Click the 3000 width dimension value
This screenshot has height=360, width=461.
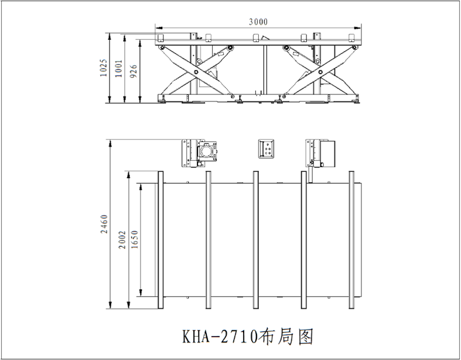tap(258, 22)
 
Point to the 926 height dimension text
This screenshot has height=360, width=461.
tap(133, 71)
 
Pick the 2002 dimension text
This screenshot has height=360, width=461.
tap(122, 239)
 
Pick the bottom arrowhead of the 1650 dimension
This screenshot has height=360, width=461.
tap(141, 295)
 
